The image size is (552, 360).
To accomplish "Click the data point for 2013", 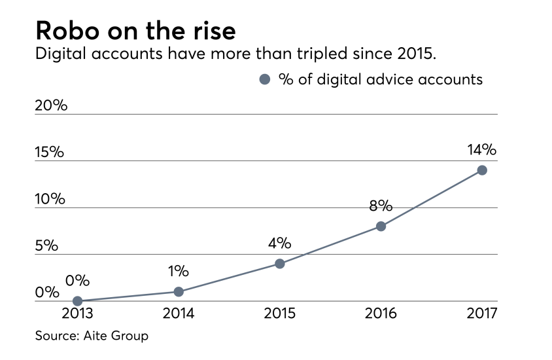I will (77, 301).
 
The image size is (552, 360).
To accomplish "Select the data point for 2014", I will (179, 292).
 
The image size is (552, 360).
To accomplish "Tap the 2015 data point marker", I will (279, 264).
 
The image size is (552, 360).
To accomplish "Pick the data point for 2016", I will (381, 226).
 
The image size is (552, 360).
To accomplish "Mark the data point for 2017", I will (482, 170).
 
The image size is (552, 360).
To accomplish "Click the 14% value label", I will (482, 150).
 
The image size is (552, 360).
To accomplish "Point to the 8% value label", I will (380, 206).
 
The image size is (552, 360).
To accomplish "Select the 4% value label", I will (279, 243).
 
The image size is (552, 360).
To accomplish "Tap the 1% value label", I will (178, 271).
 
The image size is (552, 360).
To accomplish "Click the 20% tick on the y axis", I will (51, 105).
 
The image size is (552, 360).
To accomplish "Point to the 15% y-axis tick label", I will (50, 153).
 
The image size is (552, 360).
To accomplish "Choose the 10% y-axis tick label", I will (50, 199).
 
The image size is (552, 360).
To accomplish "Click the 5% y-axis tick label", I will (47, 246).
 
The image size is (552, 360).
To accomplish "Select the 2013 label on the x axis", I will (77, 314).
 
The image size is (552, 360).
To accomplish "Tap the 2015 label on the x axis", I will (279, 314).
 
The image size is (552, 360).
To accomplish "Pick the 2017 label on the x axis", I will (482, 314).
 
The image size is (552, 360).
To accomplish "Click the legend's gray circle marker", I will (265, 80).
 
